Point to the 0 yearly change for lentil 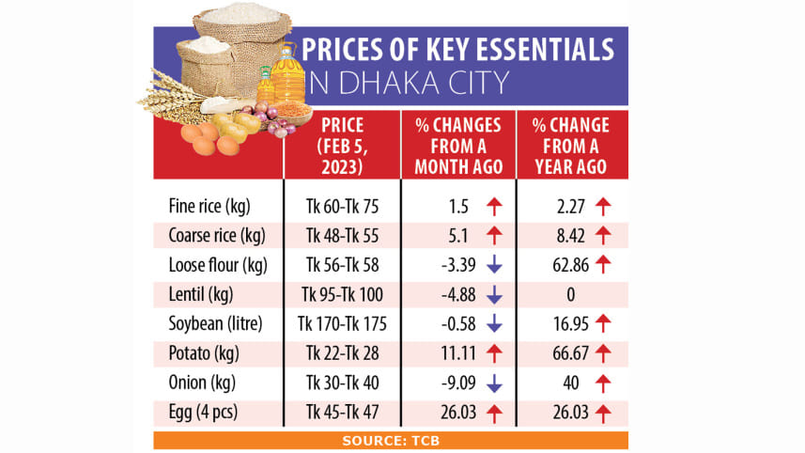coord(569,295)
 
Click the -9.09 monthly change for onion coord(453,383)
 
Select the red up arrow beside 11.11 coord(494,353)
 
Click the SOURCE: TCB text coord(391,440)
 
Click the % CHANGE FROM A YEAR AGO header coord(569,146)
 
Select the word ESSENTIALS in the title coord(526,49)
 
